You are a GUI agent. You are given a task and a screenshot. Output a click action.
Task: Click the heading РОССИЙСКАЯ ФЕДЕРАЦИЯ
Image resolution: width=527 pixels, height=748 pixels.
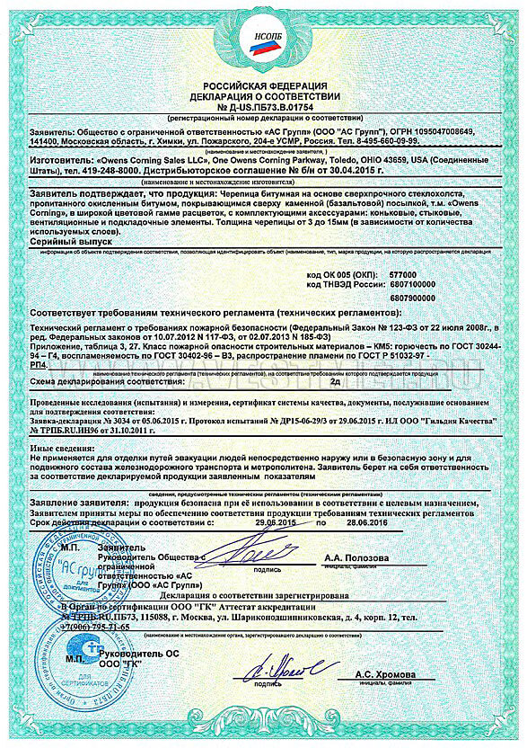click(263, 84)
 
